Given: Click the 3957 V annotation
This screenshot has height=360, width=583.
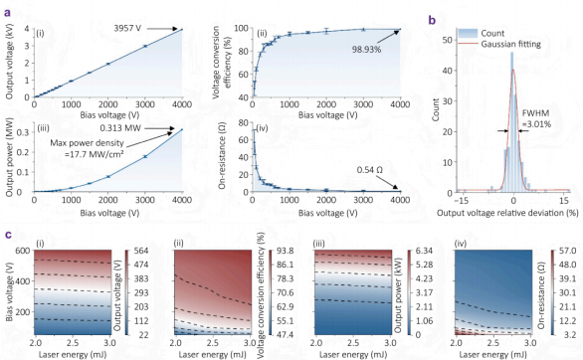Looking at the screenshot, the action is [127, 28].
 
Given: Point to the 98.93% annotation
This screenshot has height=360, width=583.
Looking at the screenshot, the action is [366, 49].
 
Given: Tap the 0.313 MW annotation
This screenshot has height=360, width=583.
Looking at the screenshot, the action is [120, 128].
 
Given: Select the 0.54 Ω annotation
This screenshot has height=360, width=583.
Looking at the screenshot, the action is [369, 170].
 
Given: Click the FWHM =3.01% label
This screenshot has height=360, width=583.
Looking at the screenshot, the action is [536, 119].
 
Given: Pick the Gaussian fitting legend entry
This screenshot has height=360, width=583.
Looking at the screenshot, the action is [510, 44].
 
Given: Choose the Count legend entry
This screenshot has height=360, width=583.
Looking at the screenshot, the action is [492, 33].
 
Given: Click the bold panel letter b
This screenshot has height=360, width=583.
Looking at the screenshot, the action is [432, 20].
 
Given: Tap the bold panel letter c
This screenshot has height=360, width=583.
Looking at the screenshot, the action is [7, 235].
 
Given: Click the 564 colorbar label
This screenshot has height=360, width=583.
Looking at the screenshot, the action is [141, 251].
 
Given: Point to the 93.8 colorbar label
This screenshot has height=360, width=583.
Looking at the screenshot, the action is [286, 251].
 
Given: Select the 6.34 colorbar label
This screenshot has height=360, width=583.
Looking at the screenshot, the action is [424, 251].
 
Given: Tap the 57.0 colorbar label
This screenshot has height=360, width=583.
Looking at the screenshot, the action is [567, 251].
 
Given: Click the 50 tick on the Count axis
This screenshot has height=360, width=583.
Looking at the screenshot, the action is [447, 40].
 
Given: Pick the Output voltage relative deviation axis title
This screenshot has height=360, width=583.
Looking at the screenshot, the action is [507, 213].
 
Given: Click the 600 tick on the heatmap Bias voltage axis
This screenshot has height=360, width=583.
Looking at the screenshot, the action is [23, 251].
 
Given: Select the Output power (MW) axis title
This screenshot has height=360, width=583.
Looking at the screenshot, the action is [9, 157].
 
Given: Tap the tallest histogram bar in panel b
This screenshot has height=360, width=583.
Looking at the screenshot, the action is [512, 122].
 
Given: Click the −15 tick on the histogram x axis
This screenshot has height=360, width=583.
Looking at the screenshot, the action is [461, 201].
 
